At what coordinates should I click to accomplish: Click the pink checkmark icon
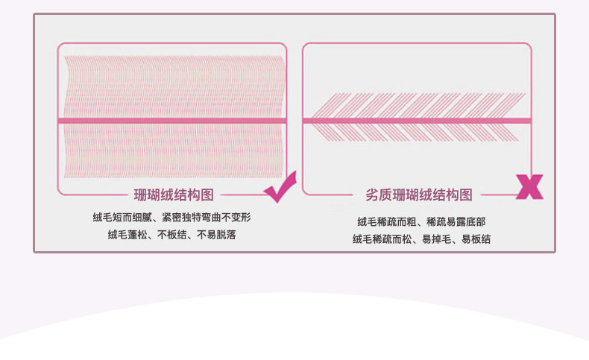click(280, 187)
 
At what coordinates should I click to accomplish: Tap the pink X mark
click(529, 187)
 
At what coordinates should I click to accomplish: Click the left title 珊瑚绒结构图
click(174, 195)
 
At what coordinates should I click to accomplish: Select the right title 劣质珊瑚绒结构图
click(418, 195)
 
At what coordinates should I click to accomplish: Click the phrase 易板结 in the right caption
click(476, 239)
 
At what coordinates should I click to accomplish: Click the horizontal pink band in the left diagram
click(172, 121)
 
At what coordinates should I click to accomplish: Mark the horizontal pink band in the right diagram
click(418, 120)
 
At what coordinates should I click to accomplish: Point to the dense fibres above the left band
click(172, 86)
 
